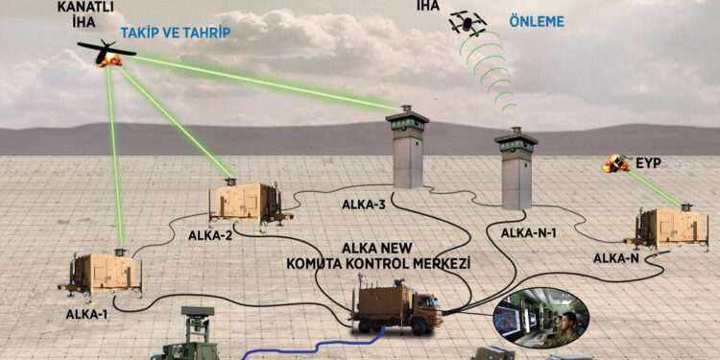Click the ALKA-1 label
85,313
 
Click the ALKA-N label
616,257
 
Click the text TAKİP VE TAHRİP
176,32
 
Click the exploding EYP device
613,165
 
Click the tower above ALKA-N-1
516,173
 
